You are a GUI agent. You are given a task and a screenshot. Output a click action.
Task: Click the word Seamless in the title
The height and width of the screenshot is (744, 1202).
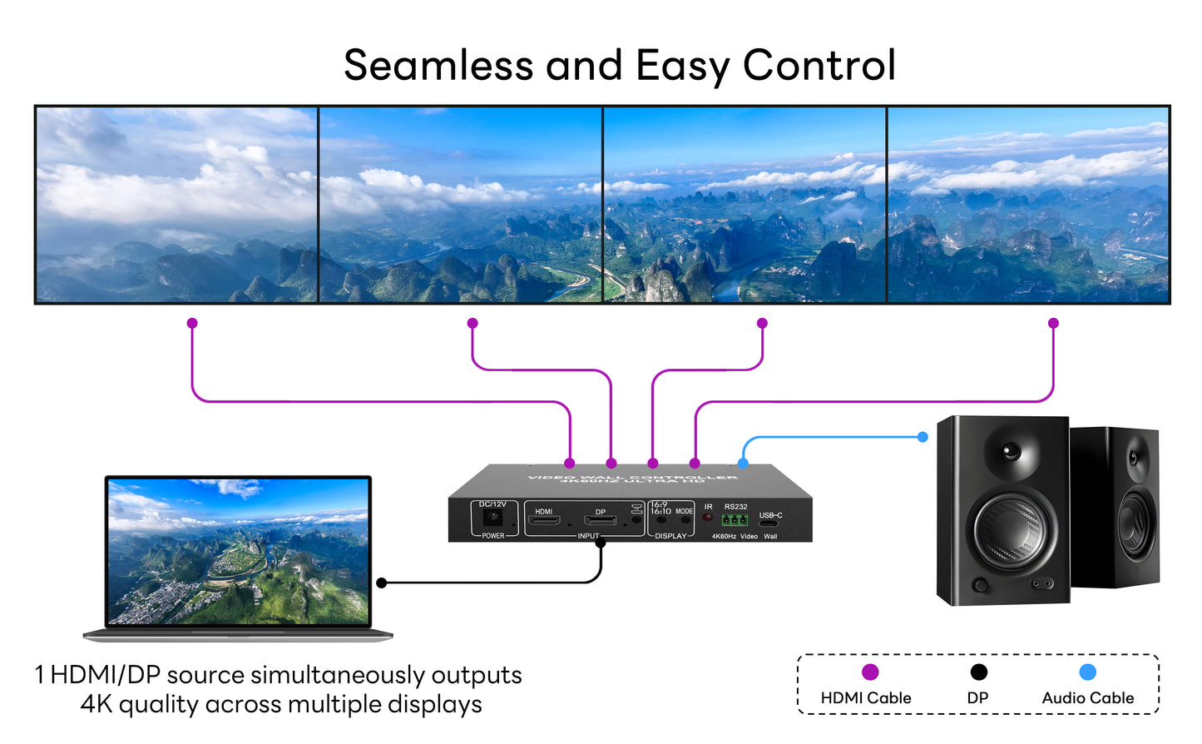(438, 65)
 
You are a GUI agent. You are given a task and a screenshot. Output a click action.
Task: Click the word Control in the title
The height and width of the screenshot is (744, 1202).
(819, 65)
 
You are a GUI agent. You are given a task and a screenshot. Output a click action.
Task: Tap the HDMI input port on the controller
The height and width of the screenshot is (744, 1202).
(546, 521)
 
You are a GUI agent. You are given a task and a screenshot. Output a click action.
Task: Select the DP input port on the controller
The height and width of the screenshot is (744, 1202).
(600, 521)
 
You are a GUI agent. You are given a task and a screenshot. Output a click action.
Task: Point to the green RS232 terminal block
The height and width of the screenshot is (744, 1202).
(734, 520)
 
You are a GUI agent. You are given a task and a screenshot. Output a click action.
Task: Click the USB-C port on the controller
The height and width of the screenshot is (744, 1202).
(769, 523)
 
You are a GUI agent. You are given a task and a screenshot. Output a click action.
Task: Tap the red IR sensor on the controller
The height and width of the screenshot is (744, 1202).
(708, 518)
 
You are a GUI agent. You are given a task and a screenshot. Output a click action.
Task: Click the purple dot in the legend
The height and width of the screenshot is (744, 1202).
(870, 672)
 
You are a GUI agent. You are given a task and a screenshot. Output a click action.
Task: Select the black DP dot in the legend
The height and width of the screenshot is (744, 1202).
(979, 672)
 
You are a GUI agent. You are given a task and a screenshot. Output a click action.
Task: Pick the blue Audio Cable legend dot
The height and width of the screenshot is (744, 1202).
(1087, 672)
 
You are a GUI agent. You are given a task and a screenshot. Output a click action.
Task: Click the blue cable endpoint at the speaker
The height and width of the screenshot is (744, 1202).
(923, 437)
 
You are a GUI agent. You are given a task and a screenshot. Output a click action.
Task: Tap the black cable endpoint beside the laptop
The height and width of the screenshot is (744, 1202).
(382, 583)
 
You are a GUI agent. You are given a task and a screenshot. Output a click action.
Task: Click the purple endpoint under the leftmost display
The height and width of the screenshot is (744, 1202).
(192, 323)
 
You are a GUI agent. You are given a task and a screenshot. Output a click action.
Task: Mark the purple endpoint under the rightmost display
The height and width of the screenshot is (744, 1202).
(1053, 323)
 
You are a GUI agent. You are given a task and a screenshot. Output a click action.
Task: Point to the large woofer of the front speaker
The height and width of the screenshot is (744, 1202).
(1011, 529)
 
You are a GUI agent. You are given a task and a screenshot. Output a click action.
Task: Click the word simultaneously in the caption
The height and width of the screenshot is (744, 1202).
(343, 675)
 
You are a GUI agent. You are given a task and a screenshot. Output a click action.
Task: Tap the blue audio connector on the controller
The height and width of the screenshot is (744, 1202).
(743, 463)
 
